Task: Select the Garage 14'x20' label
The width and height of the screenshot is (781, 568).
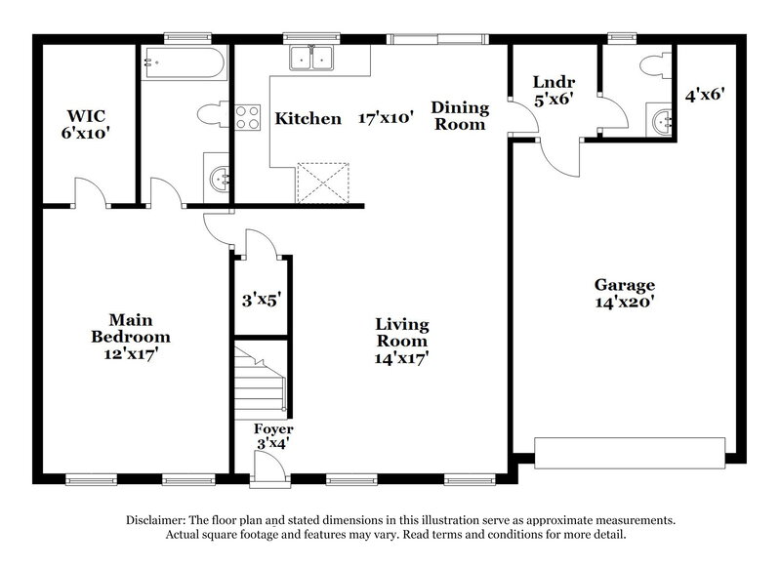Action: pos(625,293)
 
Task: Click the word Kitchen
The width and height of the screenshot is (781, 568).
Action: pos(308,119)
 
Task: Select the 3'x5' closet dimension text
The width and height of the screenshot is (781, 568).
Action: pos(261,300)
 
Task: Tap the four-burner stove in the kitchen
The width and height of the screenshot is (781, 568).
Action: pos(247,119)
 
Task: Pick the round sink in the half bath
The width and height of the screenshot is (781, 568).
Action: pos(661,122)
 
